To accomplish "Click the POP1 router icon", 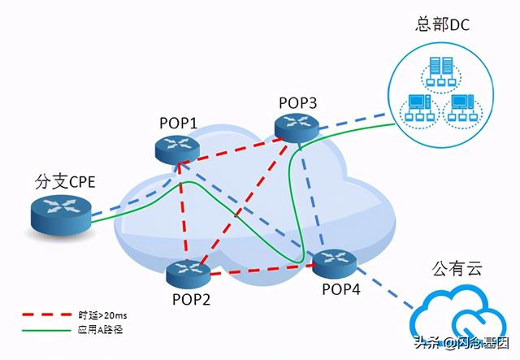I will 177,146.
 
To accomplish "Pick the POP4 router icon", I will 332,261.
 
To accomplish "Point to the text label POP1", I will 177,122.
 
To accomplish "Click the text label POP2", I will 192,299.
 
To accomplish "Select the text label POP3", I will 297,102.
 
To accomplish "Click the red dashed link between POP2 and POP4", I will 260,269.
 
